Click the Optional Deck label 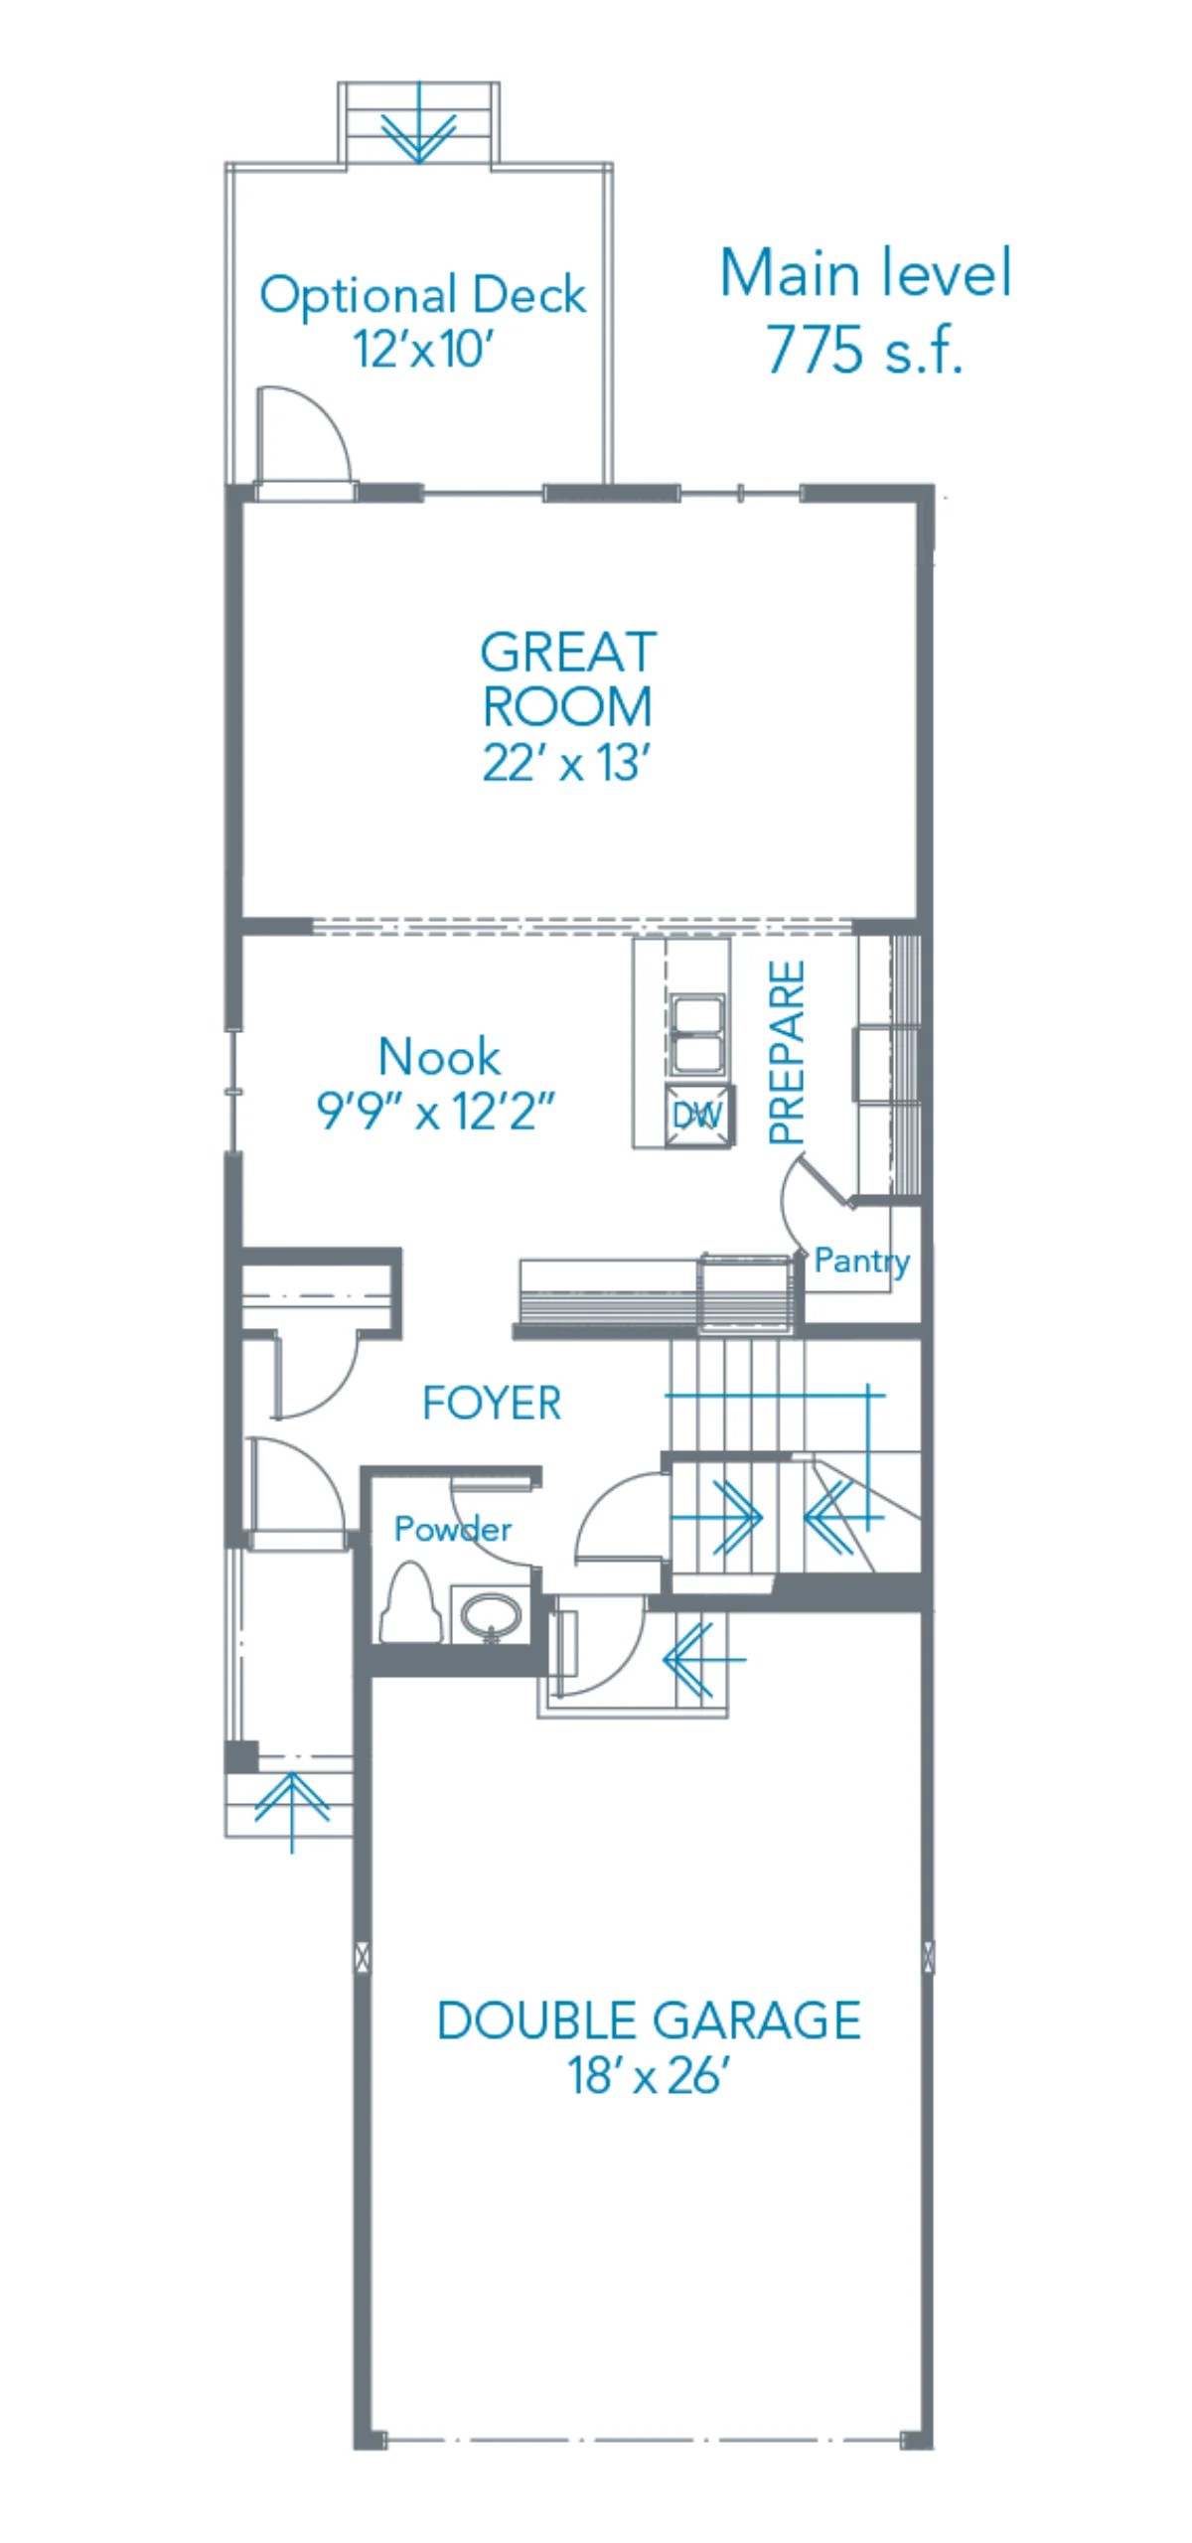click(422, 295)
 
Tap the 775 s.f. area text click(864, 350)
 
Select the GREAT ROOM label click(567, 679)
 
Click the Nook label click(439, 1056)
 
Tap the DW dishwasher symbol click(698, 1116)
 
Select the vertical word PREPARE click(787, 1052)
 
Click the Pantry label click(861, 1261)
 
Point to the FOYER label click(492, 1403)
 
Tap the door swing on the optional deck click(303, 434)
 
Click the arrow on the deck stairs click(418, 129)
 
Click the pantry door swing click(810, 1202)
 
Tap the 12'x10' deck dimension click(422, 349)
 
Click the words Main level click(864, 273)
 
